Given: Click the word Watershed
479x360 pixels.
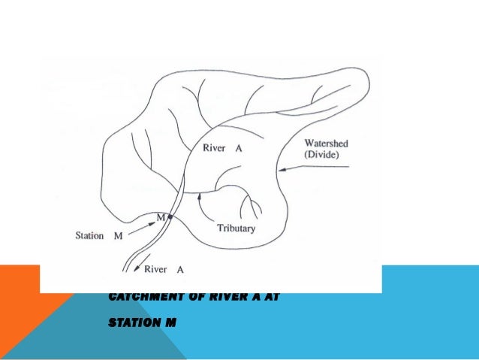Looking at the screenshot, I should [326, 144].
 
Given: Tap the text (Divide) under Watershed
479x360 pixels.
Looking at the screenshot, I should [322, 154].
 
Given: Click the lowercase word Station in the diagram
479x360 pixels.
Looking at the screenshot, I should [89, 235].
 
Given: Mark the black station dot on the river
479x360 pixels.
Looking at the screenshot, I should [170, 217].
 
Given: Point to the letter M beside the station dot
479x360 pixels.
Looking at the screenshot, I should [160, 217].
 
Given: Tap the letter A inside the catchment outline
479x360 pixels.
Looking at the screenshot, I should [239, 148].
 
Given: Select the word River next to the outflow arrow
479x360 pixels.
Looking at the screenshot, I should [155, 268].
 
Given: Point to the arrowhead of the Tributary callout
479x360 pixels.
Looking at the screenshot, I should [200, 197].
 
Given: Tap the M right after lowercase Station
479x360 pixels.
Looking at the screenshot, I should [118, 235].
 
